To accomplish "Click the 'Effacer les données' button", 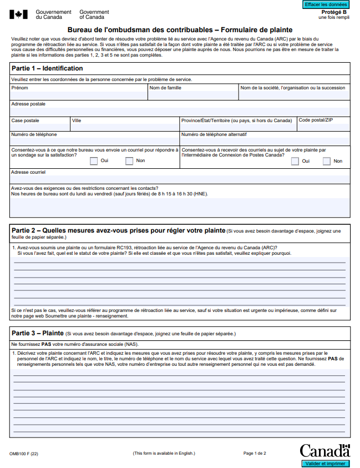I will click(x=326, y=4).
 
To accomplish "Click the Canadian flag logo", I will click(x=18, y=14).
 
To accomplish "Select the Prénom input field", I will click(x=78, y=95).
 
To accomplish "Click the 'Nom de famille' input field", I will click(x=192, y=95).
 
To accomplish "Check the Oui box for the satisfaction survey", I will click(x=94, y=161).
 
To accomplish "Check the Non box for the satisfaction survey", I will click(x=129, y=161).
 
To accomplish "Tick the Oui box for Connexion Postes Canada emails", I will click(x=295, y=161).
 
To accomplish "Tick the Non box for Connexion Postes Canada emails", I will click(x=327, y=161).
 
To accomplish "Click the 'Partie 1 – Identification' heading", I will click(x=47, y=68).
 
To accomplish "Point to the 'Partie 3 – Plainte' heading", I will click(x=37, y=333).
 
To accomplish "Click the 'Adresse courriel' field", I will click(x=180, y=179).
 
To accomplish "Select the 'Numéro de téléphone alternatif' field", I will click(x=265, y=141).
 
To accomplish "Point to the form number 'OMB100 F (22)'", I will click(x=24, y=454).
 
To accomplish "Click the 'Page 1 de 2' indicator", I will click(x=255, y=454).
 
